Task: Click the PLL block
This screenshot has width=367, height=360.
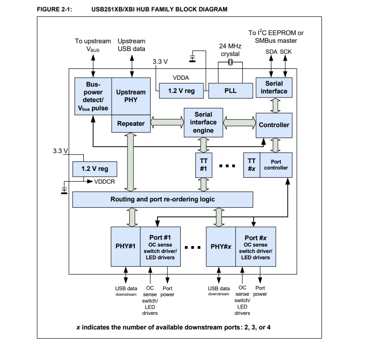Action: coord(230,91)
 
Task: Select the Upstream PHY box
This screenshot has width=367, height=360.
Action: coord(131,96)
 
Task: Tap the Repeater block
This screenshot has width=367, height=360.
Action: coord(131,123)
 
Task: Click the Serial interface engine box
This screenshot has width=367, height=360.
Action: coord(203,123)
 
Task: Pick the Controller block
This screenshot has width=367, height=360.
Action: coord(274,125)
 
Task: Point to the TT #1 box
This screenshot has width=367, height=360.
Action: coord(204,165)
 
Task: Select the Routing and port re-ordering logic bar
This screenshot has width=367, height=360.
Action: coord(163,199)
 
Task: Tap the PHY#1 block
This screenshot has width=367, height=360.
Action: coord(126,247)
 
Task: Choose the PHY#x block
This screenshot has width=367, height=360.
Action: coord(221,247)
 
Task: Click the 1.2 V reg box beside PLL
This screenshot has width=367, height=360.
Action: coord(181,91)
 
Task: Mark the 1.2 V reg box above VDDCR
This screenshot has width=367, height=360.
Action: coord(95,169)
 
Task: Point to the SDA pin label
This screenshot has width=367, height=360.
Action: coord(271,51)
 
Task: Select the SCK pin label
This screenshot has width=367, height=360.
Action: coord(286,51)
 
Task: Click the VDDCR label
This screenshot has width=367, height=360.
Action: coord(104,181)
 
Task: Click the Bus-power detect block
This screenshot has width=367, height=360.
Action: coord(93,96)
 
